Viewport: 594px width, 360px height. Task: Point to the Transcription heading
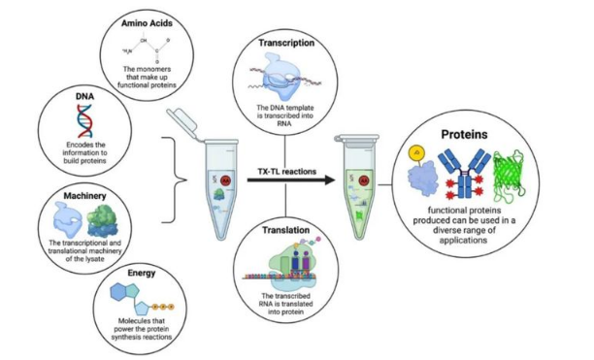(286, 44)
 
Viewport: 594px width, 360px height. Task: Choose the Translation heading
(286, 232)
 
